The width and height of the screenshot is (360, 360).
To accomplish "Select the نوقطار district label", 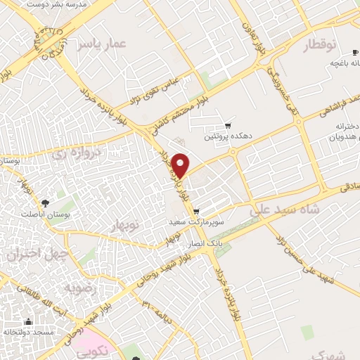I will pos(321,46).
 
